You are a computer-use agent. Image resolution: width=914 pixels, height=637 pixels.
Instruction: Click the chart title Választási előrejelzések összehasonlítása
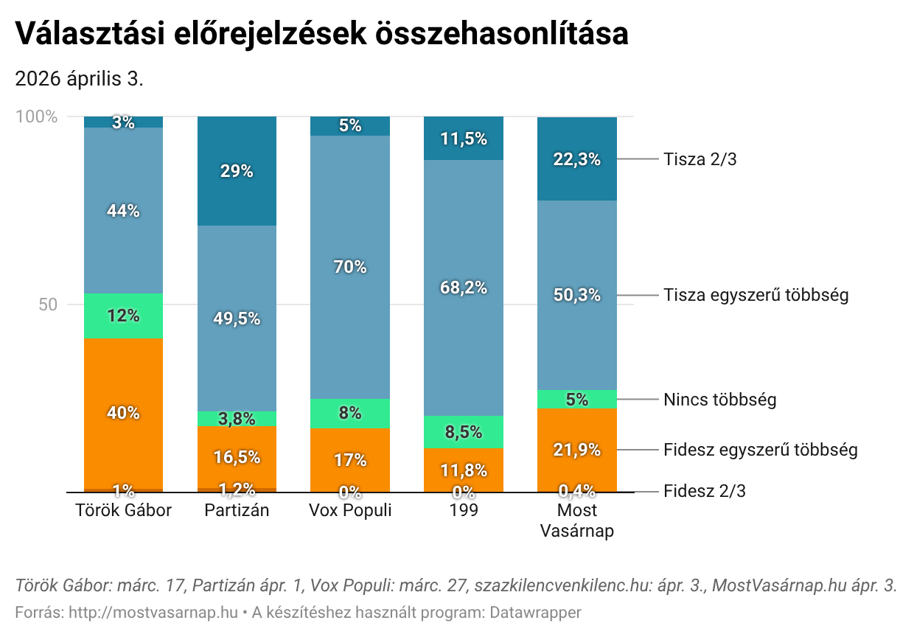tap(321, 34)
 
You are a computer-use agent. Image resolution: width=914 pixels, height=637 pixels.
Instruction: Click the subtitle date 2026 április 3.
tap(79, 79)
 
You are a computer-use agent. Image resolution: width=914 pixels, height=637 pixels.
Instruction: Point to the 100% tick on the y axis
tap(36, 116)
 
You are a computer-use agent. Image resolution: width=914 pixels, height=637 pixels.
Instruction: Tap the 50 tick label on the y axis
tap(47, 304)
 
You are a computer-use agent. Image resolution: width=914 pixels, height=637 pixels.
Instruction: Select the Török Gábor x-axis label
tap(123, 510)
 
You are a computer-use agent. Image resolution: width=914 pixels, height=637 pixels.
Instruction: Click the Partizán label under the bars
tap(237, 510)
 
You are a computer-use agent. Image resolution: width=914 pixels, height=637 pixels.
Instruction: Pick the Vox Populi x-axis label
tap(349, 510)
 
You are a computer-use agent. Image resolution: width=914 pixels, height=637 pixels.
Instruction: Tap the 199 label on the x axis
tap(464, 510)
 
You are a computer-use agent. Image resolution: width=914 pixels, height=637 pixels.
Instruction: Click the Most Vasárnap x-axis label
tap(577, 521)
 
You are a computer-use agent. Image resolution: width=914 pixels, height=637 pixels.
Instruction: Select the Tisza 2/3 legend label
tap(700, 159)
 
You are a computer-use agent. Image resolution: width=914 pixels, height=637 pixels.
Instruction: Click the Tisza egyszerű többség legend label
tap(756, 295)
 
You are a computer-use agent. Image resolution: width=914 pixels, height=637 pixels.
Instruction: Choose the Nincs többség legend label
tap(719, 400)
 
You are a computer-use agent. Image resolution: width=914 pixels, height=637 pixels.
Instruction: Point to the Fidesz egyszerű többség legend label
tap(760, 450)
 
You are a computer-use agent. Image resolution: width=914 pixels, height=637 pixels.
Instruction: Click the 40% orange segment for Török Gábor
tap(123, 413)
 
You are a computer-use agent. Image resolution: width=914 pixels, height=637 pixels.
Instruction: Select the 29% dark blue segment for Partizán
tap(237, 171)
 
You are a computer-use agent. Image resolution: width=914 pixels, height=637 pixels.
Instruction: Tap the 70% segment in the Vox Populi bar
tap(349, 267)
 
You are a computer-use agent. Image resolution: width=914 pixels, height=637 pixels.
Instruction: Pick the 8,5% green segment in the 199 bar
tap(464, 432)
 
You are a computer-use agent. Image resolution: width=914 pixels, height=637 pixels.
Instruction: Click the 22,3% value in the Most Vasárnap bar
tap(577, 159)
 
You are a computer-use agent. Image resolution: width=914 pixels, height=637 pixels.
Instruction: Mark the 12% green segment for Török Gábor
tap(123, 316)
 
